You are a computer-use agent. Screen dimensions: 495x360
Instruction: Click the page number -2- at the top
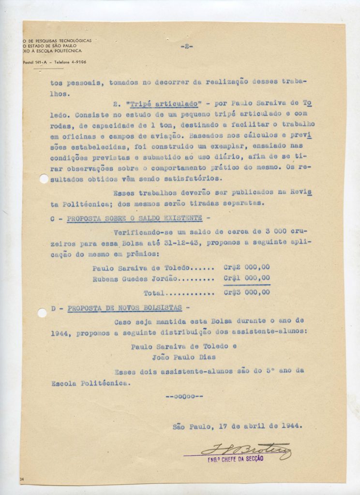click(x=187, y=46)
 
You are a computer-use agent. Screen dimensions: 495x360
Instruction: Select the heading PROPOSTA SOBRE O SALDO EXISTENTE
click(x=134, y=219)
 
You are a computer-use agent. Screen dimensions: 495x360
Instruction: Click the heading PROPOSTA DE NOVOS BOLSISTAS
click(x=125, y=308)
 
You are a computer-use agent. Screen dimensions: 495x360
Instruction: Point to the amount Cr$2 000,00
click(x=247, y=267)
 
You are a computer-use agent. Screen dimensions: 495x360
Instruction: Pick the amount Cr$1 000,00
click(x=247, y=278)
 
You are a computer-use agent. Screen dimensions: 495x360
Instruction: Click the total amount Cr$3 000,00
click(x=247, y=293)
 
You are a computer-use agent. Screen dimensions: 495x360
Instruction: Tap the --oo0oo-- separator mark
click(x=184, y=397)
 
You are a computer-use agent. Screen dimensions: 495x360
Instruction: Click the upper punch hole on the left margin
click(x=44, y=179)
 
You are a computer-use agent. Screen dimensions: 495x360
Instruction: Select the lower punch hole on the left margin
click(x=42, y=313)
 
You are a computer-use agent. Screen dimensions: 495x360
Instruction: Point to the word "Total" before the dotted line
click(x=154, y=293)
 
